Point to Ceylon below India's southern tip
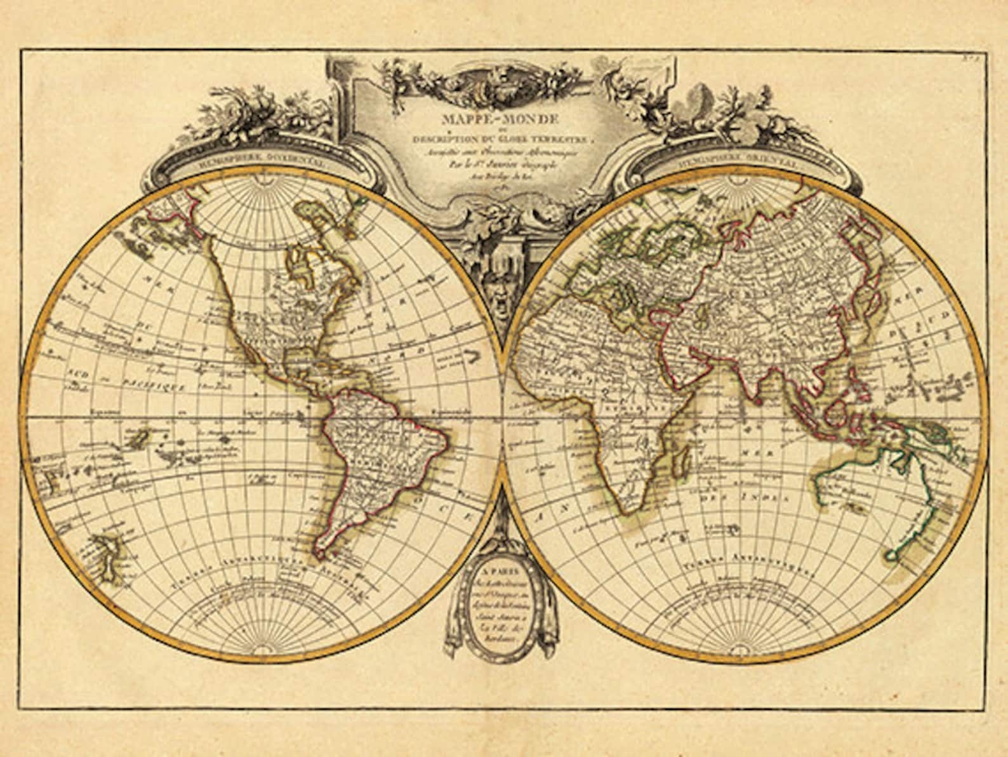758,401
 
